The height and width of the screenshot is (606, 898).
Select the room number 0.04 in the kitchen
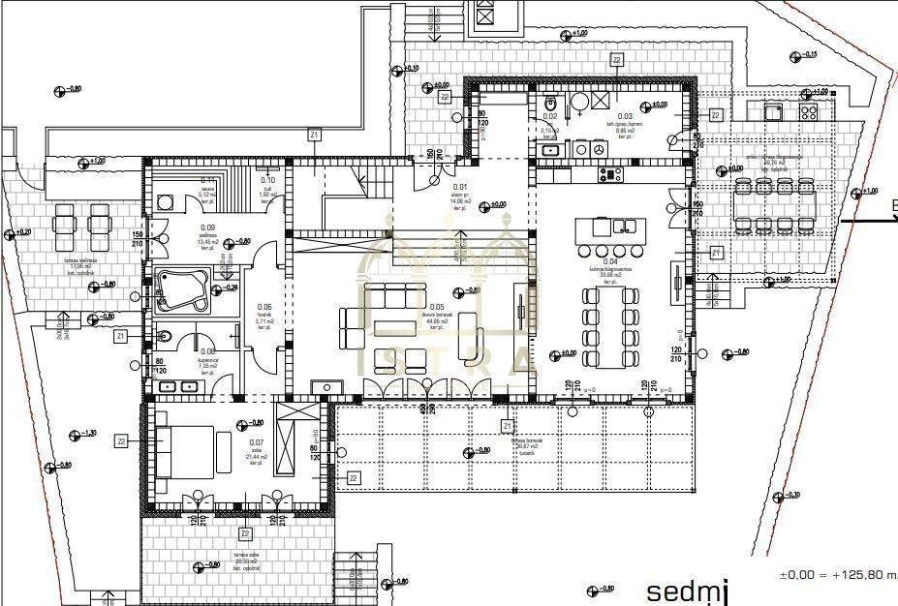[610, 261]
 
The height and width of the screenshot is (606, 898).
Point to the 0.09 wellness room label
[207, 227]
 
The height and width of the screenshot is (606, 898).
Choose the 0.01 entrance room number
[461, 187]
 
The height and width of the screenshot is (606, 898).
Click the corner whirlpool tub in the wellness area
[181, 289]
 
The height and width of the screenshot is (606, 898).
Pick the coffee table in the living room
[391, 327]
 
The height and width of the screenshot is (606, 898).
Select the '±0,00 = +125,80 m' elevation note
[838, 575]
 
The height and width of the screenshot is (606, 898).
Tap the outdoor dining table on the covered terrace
[774, 204]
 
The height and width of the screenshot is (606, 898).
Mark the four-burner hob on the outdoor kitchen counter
[807, 112]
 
